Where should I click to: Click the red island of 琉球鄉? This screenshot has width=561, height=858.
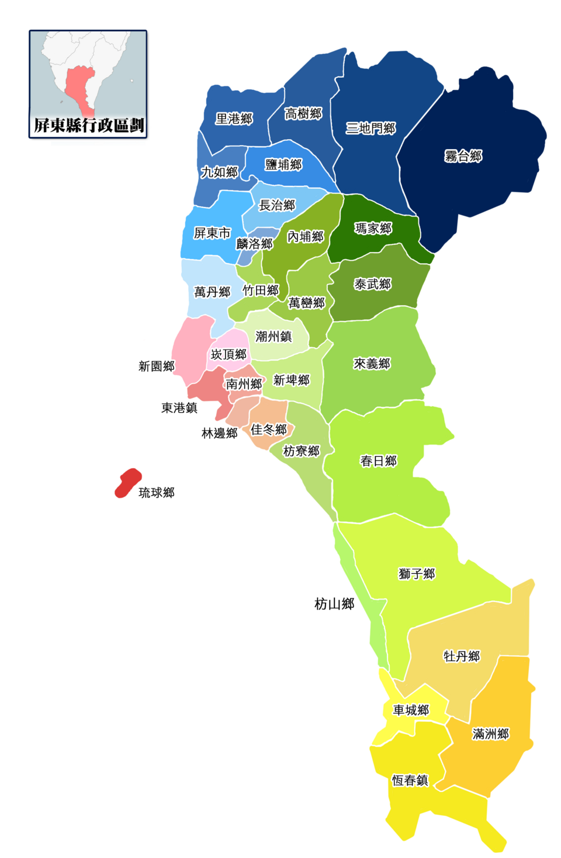127,483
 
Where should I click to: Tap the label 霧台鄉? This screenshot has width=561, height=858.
463,156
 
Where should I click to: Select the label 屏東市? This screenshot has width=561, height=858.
212,233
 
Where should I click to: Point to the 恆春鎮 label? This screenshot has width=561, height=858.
410,780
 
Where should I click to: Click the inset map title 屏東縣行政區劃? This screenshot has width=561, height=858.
88,125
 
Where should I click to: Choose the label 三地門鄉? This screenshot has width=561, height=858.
370,128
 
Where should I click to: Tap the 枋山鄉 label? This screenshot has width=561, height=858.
334,604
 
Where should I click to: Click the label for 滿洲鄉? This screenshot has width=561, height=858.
490,734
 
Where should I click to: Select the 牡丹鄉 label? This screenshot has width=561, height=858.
461,656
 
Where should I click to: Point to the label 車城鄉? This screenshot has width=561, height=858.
411,710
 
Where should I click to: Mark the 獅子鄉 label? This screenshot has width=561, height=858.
417,574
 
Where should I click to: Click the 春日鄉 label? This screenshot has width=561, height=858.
378,461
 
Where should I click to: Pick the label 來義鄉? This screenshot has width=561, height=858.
372,364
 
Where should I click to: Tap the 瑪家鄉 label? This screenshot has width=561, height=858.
373,228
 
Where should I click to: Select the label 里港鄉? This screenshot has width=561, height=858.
234,119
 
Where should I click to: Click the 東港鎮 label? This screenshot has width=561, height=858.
179,407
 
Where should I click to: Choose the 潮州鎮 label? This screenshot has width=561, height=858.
273,336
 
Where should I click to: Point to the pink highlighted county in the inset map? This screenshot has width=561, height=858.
79,88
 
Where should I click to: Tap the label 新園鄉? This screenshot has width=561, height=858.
156,366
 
